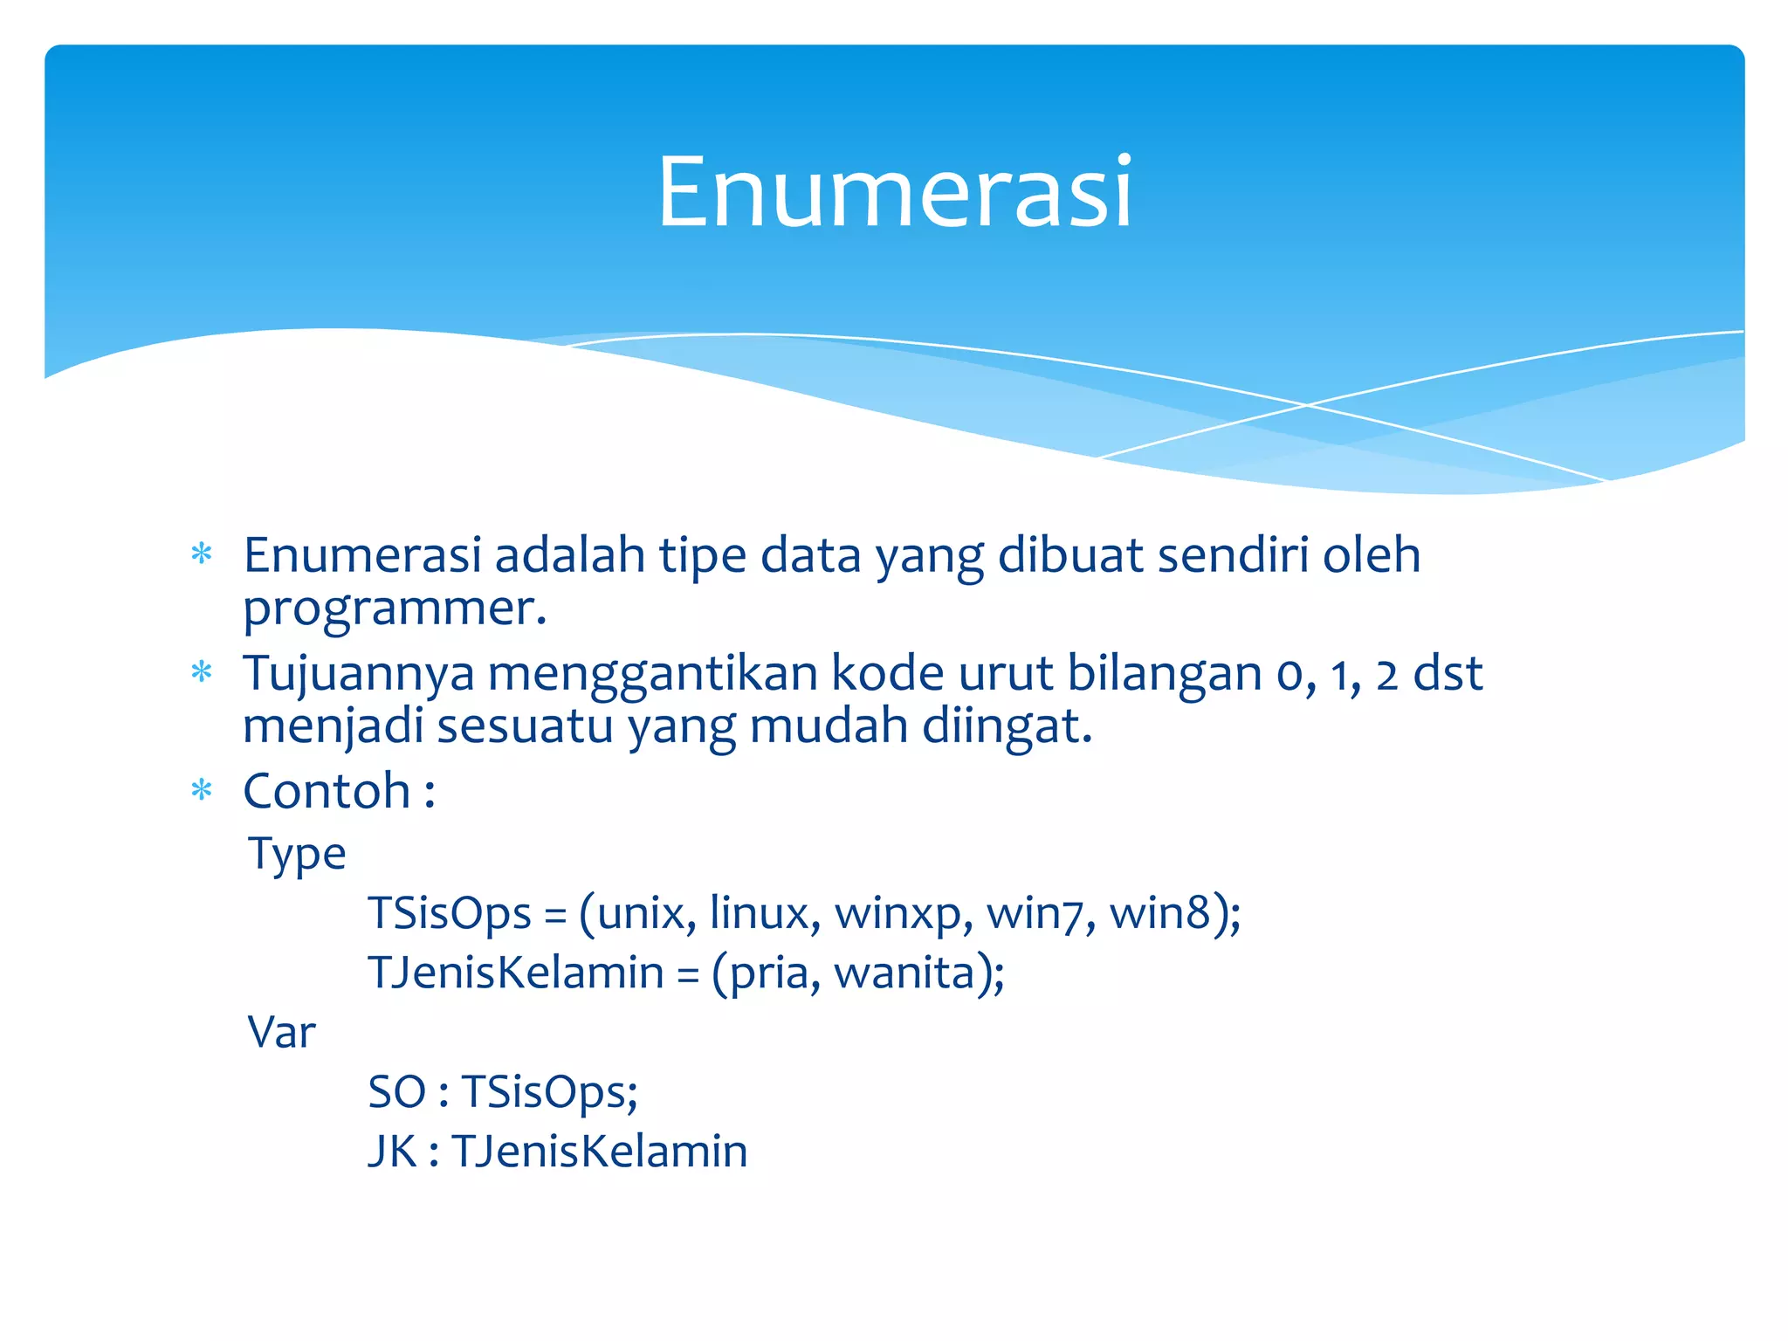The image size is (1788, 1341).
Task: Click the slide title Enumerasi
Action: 894,191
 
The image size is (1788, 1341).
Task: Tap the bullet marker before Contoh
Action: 202,791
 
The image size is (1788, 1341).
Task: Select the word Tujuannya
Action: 359,674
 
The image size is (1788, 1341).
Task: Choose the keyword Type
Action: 297,854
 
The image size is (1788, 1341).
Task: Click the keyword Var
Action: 281,1032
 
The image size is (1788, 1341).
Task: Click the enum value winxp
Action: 897,913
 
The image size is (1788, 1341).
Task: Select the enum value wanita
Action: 904,973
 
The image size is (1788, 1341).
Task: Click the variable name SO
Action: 396,1091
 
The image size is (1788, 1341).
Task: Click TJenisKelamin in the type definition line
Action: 516,973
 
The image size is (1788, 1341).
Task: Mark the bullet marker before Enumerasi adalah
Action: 202,554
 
